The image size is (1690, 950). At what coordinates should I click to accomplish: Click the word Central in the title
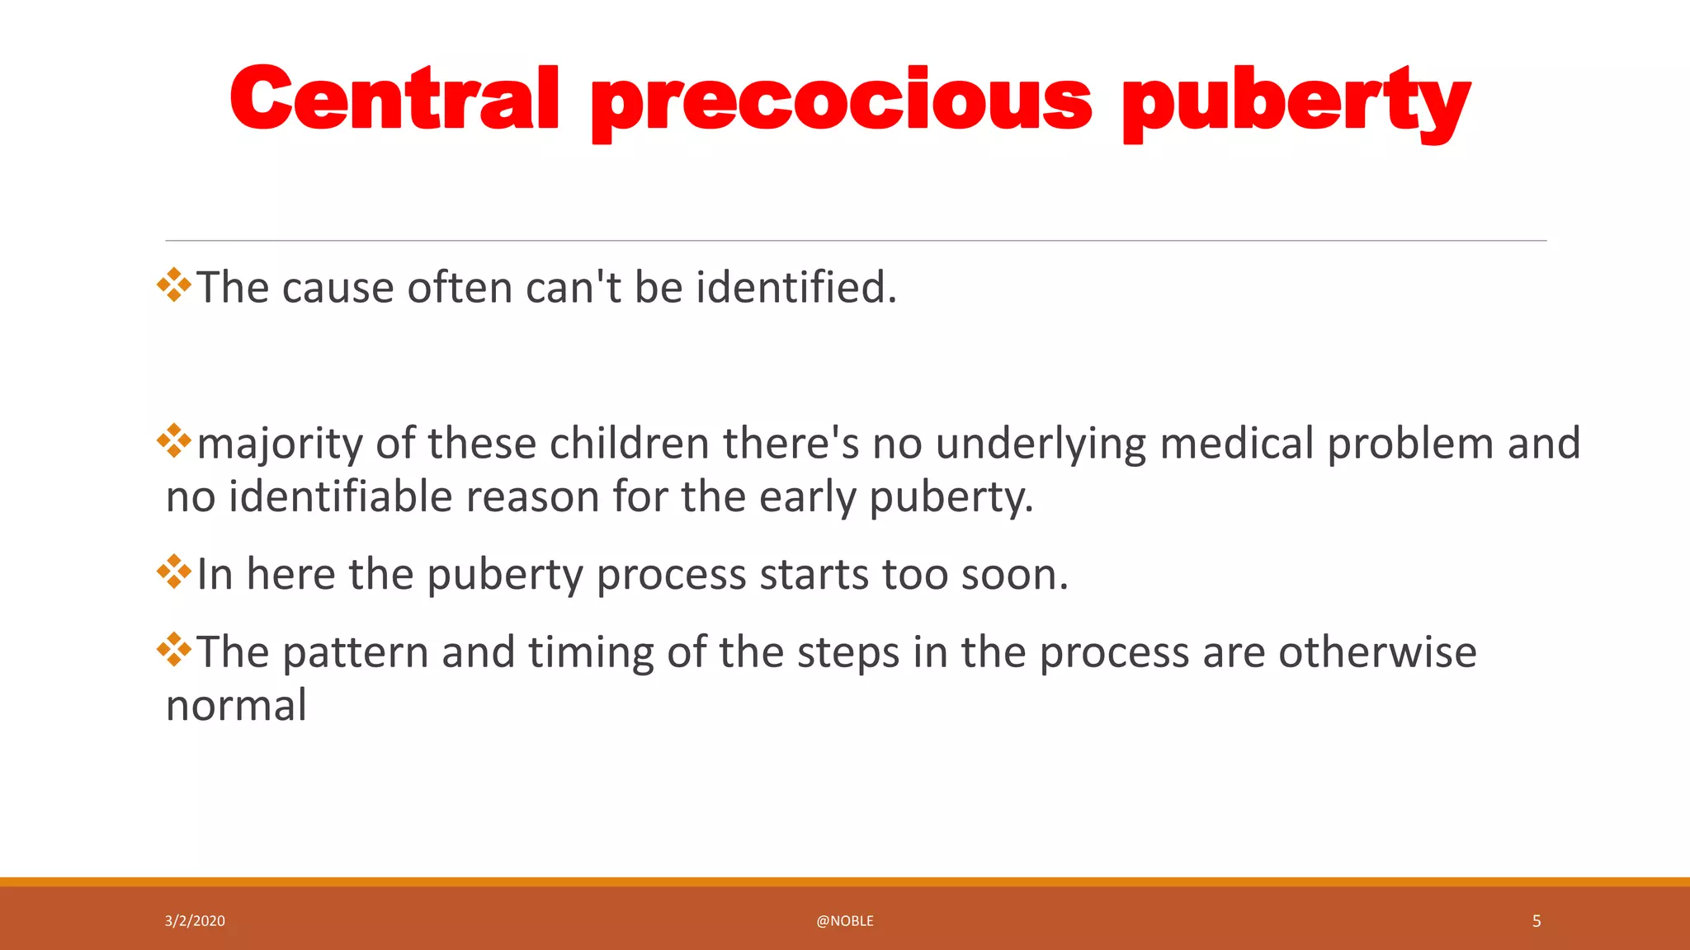[x=394, y=99]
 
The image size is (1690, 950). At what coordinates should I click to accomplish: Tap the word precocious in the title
[x=842, y=103]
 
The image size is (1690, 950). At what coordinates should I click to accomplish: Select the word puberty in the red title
[x=1296, y=103]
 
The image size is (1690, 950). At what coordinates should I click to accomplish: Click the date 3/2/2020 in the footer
[x=195, y=921]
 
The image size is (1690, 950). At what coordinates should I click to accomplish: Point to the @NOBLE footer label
[x=844, y=921]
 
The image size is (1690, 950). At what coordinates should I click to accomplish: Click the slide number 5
[x=1536, y=921]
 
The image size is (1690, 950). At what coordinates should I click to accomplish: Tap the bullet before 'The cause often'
[x=174, y=285]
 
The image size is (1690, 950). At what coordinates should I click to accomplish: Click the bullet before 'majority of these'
[x=174, y=441]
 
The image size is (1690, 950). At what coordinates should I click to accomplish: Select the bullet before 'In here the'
[x=174, y=572]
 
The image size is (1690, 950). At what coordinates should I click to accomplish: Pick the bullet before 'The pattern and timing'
[x=174, y=650]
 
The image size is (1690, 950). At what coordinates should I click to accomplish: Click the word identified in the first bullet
[x=795, y=287]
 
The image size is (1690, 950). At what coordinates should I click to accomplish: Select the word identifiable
[x=341, y=497]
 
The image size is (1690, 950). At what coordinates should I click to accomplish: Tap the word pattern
[x=355, y=653]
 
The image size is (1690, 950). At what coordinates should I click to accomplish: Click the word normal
[x=236, y=706]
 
